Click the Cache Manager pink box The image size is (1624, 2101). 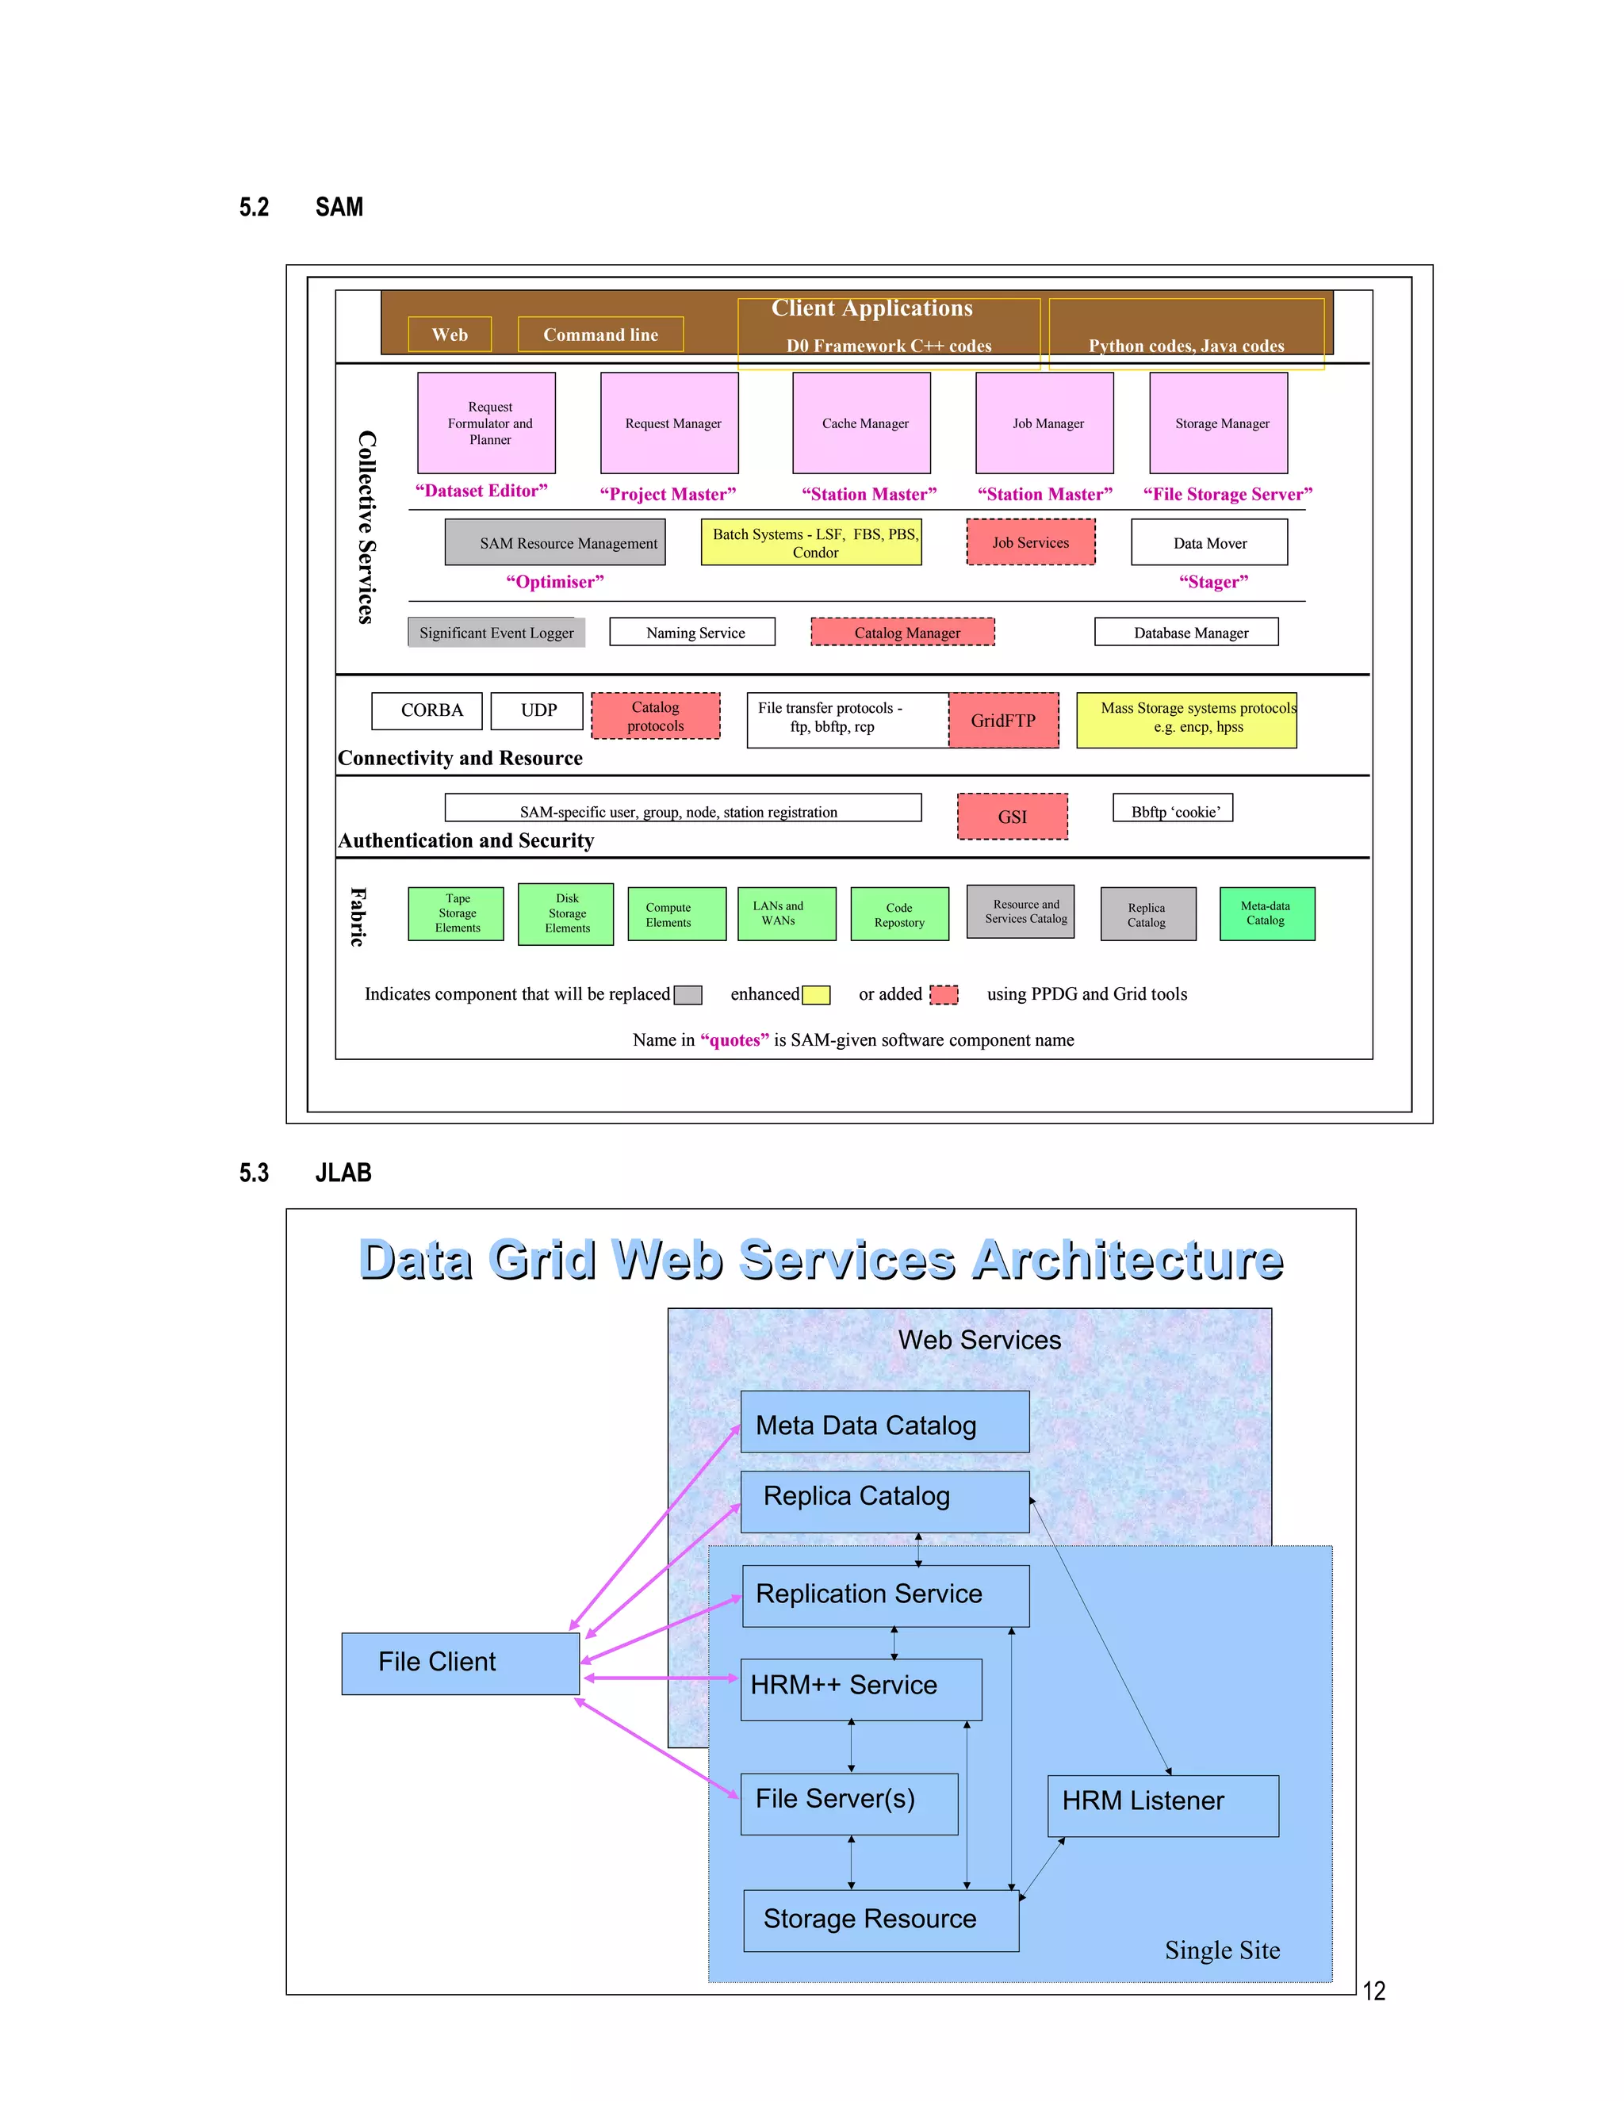coord(861,423)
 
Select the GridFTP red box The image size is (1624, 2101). coord(1003,721)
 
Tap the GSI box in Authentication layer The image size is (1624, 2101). coord(1012,817)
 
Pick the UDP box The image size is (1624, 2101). coord(537,711)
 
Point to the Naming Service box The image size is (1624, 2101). coord(693,632)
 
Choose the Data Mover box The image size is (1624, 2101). coord(1209,542)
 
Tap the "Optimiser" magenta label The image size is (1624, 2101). coord(555,582)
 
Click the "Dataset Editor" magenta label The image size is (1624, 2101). coord(481,491)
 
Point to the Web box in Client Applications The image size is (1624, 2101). coord(450,335)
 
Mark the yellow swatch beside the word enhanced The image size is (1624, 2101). coord(816,995)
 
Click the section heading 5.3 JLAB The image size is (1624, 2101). coord(305,1173)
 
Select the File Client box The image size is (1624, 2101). coord(460,1663)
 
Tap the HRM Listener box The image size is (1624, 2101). coord(1163,1805)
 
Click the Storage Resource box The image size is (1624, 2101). coord(880,1920)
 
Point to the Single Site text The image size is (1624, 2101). coord(1222,1950)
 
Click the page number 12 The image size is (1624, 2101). coord(1374,1992)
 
